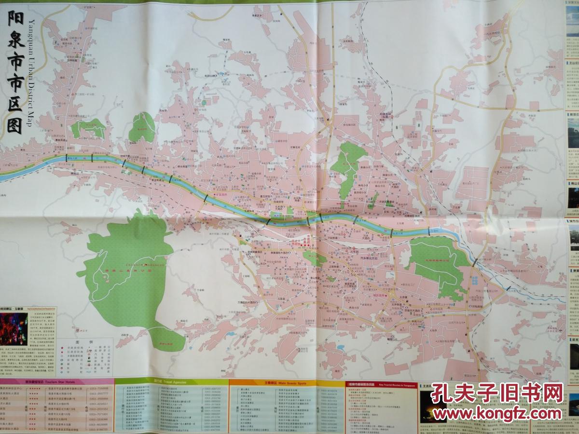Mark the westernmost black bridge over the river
[x=67, y=157]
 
